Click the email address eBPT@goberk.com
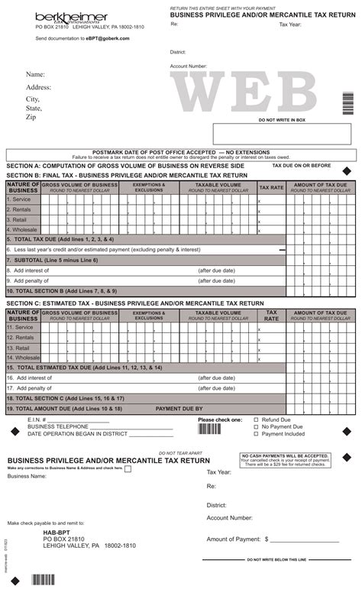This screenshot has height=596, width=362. (108, 37)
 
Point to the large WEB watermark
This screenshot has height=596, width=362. (259, 92)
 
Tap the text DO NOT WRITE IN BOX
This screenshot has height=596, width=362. (281, 120)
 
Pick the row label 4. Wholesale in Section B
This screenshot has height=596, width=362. (22, 229)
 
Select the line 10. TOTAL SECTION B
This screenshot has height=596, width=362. (62, 291)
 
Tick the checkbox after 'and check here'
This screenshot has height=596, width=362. (128, 469)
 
